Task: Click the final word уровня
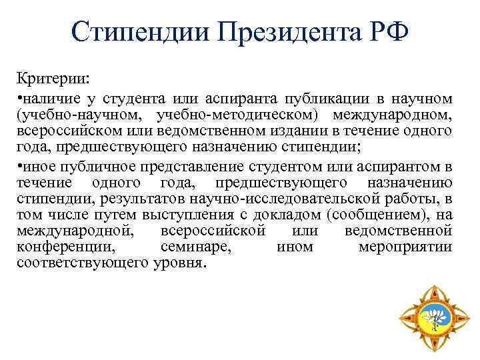179,263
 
